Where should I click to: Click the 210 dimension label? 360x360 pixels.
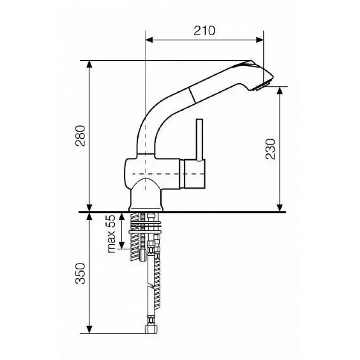click(204, 31)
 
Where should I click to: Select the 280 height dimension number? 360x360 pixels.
click(81, 136)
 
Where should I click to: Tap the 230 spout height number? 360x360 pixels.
click(270, 149)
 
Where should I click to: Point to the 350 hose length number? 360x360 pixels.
click(81, 274)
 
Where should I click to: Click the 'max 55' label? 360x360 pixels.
click(111, 234)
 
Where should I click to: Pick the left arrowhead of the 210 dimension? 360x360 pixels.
click(149, 40)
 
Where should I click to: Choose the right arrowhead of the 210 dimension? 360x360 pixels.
click(260, 40)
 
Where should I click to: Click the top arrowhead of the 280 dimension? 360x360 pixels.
click(89, 64)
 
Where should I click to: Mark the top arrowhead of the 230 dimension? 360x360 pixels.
click(279, 90)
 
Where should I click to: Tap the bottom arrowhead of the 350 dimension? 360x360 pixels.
click(89, 329)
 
